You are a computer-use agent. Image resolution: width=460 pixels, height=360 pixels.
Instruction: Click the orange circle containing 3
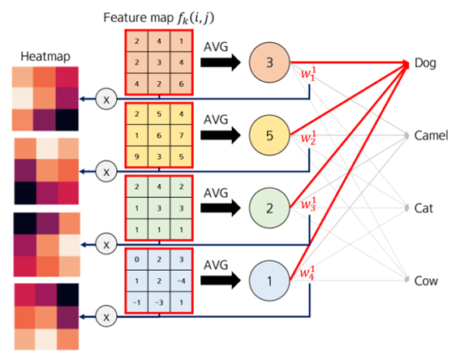269,62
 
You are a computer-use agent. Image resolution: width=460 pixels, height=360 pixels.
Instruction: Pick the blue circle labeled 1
269,281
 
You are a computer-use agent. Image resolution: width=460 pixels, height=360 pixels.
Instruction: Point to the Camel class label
431,135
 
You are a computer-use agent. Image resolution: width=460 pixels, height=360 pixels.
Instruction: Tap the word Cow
425,281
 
